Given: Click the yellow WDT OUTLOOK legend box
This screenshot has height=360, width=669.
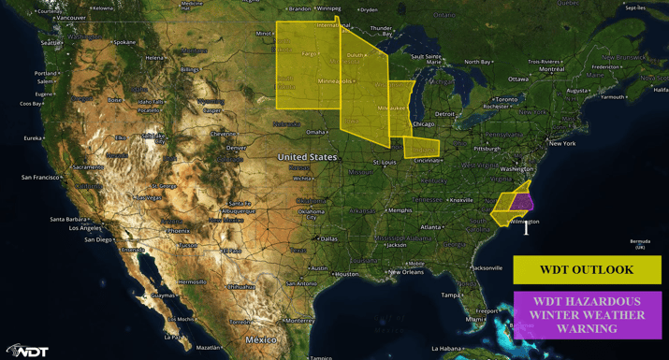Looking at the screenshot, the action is [587, 269].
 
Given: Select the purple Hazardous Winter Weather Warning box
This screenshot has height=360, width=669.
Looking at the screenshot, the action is [587, 315].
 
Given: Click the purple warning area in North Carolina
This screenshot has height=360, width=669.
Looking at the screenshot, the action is [522, 202].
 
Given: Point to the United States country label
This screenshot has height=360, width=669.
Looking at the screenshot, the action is [307, 157].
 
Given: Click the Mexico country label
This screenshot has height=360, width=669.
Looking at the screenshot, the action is [261, 339].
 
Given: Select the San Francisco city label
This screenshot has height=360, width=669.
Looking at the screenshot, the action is [40, 177].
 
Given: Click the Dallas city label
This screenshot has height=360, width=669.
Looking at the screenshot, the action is [327, 238].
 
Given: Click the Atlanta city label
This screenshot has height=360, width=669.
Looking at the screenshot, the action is [431, 227].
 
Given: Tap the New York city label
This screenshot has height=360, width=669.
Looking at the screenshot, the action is [561, 143].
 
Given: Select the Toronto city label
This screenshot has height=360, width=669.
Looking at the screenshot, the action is [505, 99].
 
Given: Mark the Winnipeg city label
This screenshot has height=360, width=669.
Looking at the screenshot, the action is [328, 8].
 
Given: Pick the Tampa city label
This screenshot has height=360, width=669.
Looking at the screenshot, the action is [452, 295].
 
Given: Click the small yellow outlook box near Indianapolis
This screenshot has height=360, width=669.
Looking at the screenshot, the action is [421, 148].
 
